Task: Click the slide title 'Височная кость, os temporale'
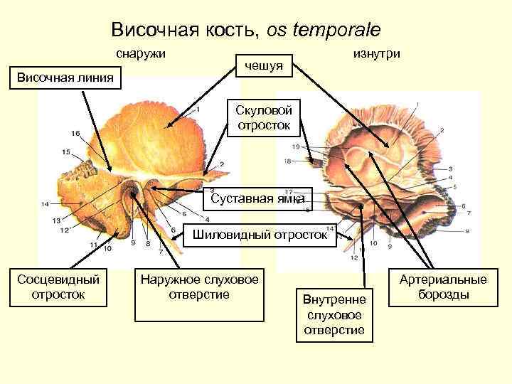[x=246, y=30]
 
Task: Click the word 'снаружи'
[x=142, y=54]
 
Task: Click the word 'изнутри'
[x=376, y=54]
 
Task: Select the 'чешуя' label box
[x=264, y=65]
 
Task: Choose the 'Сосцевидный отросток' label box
[x=58, y=286]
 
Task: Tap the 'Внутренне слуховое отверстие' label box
[x=333, y=314]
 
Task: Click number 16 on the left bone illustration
[x=75, y=134]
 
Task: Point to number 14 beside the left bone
[x=45, y=204]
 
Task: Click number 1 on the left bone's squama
[x=197, y=110]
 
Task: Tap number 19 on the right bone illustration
[x=295, y=146]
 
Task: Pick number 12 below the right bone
[x=354, y=258]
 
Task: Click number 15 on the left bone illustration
[x=66, y=151]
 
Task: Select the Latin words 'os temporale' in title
[x=324, y=30]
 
